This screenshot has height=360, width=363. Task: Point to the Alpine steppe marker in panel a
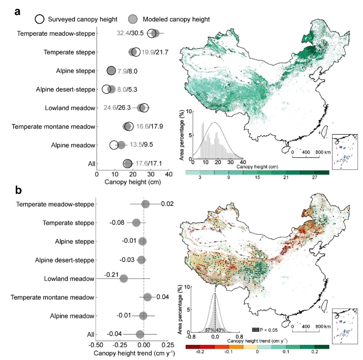click(111, 71)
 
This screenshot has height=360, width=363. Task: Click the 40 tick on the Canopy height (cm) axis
click(168, 173)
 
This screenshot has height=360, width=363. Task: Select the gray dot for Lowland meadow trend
click(124, 278)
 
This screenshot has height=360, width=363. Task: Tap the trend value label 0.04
click(163, 297)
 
